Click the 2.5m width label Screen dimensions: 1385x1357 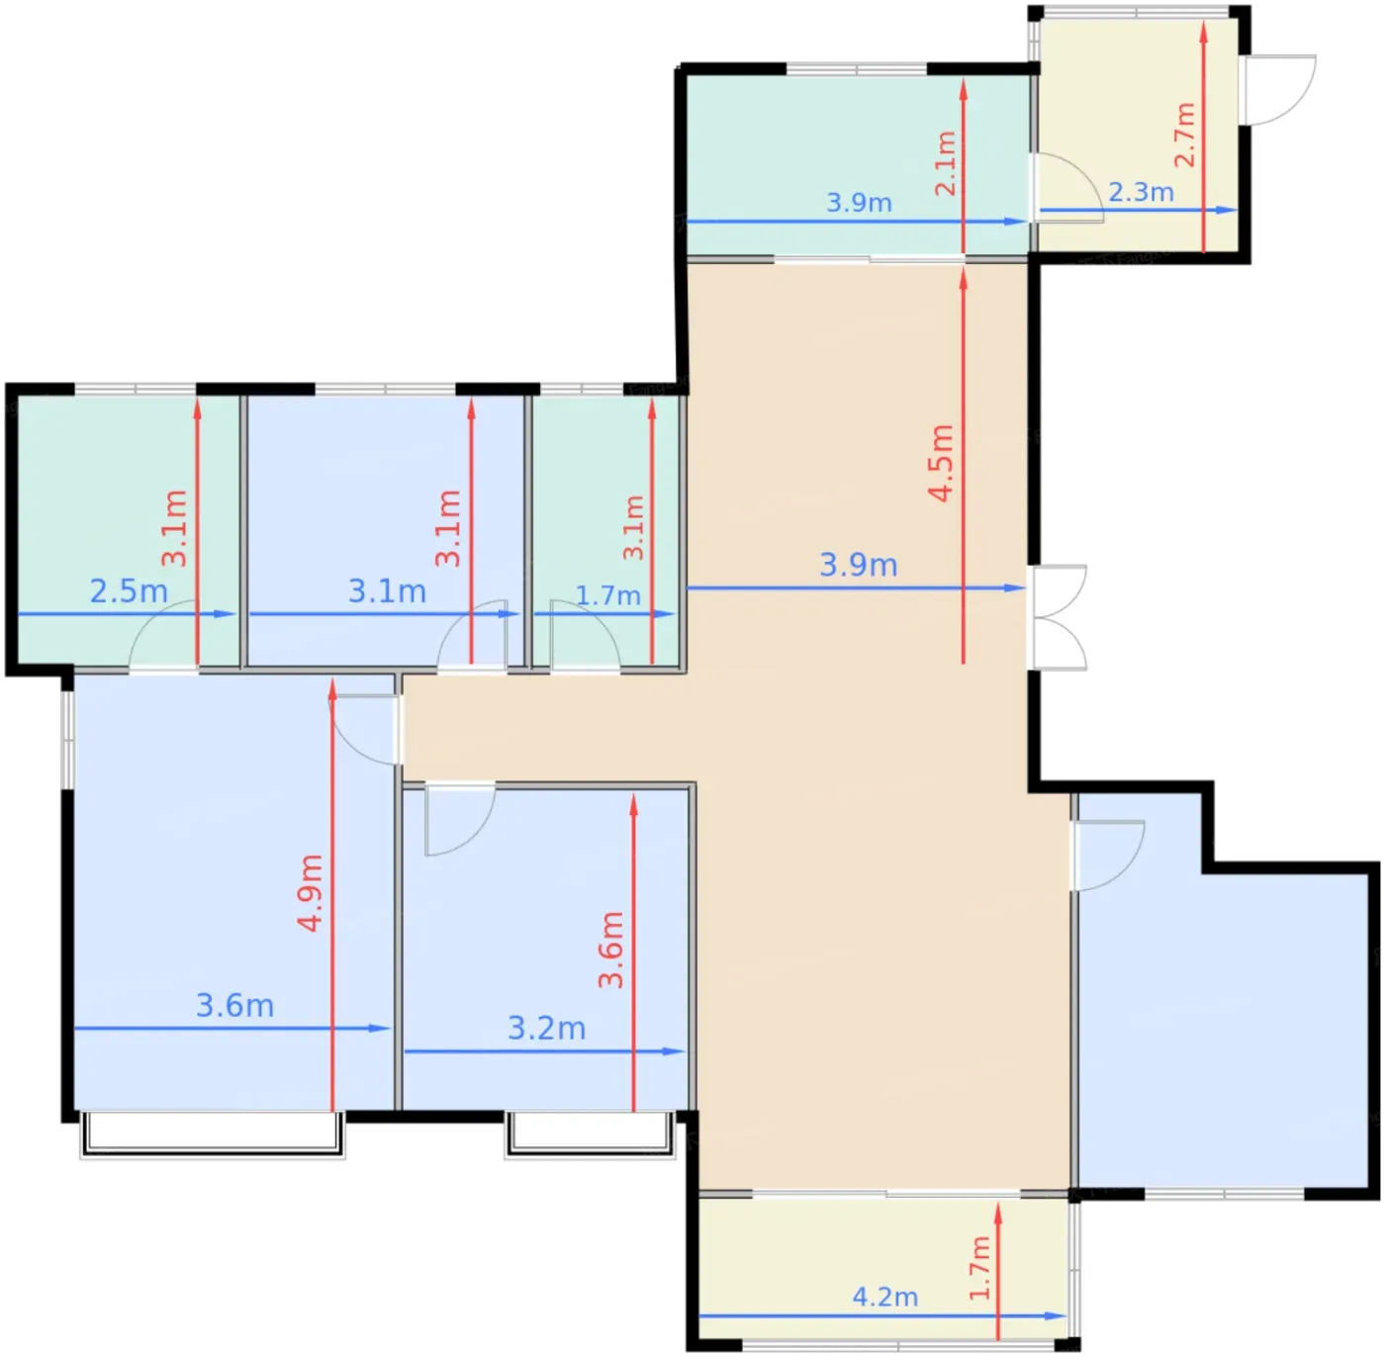coord(129,591)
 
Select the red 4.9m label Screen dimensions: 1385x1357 coord(311,893)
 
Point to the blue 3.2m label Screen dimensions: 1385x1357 coord(547,1029)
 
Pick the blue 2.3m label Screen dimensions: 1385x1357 coord(1142,192)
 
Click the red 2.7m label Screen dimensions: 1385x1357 coord(1185,136)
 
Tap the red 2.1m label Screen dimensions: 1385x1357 coord(946,163)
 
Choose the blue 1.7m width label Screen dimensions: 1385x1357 coord(608,595)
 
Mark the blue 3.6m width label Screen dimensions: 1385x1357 coord(235,1006)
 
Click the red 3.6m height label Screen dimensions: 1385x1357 coord(611,950)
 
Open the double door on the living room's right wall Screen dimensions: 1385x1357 coord(1057,618)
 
